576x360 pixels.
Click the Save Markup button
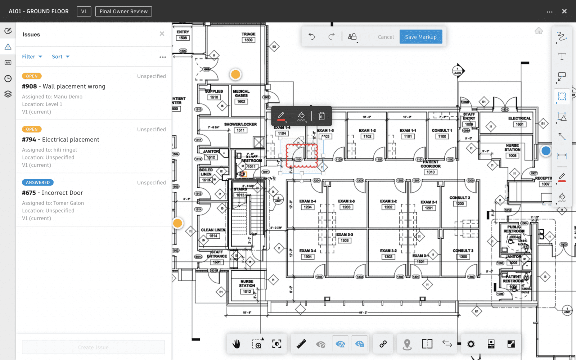[x=420, y=37]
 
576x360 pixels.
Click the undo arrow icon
[x=312, y=36]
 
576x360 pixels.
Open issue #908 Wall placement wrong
[x=64, y=86]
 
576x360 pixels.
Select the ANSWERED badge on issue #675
[x=38, y=183]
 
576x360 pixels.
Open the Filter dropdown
[x=32, y=57]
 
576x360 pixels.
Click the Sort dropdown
[x=60, y=57]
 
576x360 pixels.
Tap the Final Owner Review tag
[x=123, y=12]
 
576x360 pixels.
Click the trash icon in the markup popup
[x=322, y=116]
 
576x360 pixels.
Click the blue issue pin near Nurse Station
[x=546, y=151]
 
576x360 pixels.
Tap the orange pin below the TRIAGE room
[x=235, y=75]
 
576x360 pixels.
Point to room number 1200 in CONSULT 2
[x=460, y=204]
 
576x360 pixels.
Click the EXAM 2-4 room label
[x=307, y=201]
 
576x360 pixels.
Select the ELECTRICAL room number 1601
[x=519, y=125]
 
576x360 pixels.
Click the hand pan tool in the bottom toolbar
[x=237, y=344]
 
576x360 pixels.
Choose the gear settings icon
[x=471, y=344]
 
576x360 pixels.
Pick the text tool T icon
[x=562, y=56]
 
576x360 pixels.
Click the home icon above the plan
[x=539, y=31]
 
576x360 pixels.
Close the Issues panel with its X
[x=162, y=34]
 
